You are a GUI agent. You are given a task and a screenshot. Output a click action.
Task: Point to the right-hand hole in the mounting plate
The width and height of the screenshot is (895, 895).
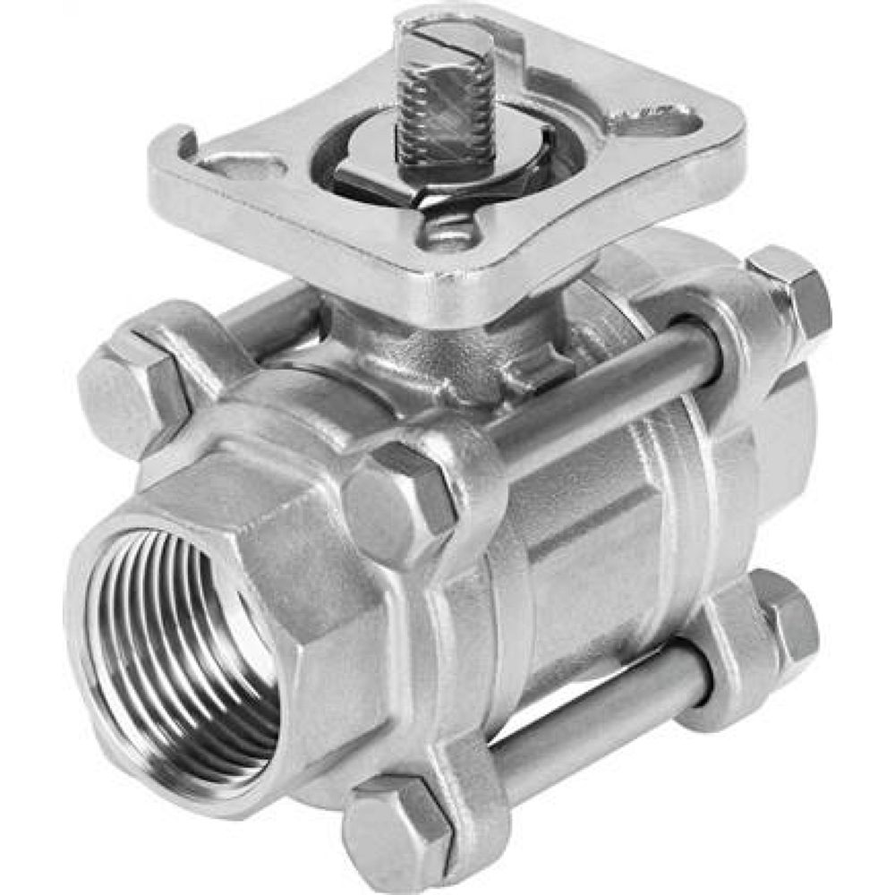click(x=658, y=121)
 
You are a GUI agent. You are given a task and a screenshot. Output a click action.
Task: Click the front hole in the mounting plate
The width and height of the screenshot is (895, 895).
click(x=447, y=234)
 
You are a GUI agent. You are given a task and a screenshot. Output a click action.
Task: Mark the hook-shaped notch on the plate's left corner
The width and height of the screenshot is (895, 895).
click(x=183, y=143)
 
